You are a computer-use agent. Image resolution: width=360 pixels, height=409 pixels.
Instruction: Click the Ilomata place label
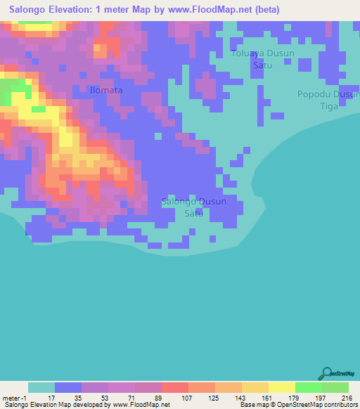[x=106, y=90]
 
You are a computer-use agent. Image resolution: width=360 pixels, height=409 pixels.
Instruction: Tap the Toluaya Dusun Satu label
[x=262, y=59]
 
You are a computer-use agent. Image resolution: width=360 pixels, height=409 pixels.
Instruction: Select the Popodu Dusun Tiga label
[x=327, y=100]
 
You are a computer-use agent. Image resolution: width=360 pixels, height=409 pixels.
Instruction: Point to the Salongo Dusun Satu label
[x=194, y=207]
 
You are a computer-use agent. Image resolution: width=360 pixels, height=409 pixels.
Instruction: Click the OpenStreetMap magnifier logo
[x=328, y=373]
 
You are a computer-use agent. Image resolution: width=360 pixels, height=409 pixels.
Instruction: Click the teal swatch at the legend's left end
[x=41, y=387]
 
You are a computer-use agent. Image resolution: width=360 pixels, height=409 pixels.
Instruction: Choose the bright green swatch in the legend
[x=308, y=387]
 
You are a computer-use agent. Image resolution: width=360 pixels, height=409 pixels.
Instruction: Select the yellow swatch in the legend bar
[x=281, y=387]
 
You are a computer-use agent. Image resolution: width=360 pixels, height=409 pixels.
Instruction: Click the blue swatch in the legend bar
[x=68, y=387]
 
